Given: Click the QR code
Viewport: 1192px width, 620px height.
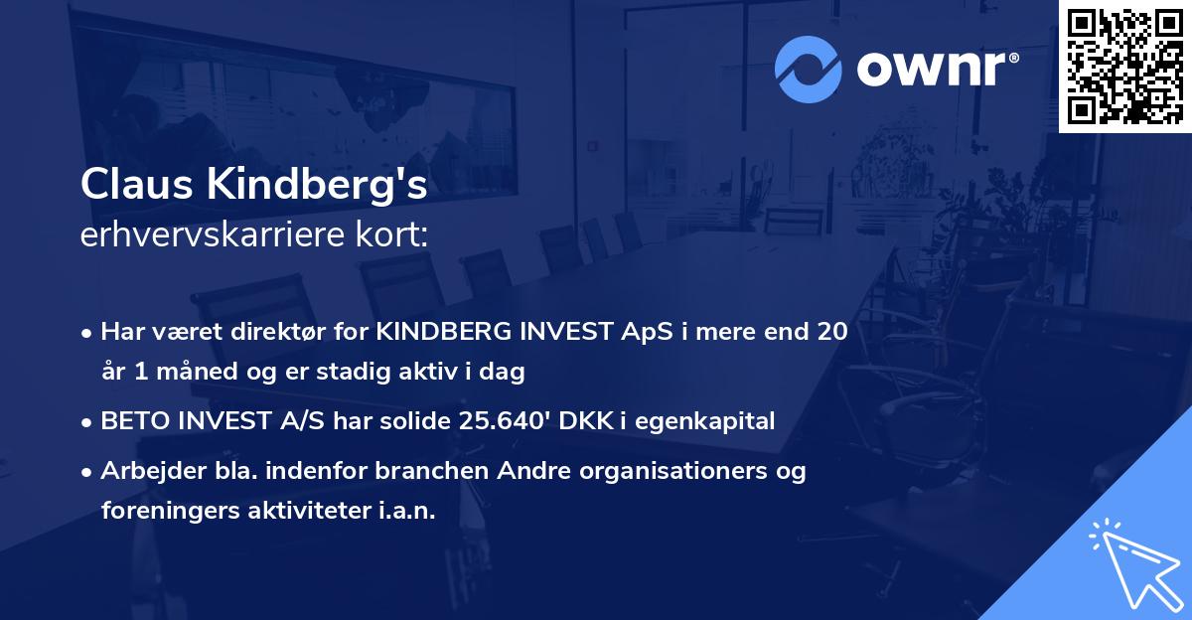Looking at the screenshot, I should [x=1124, y=66].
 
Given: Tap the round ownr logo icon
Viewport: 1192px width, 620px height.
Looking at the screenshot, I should [x=809, y=68].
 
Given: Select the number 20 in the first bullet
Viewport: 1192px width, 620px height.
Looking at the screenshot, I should [x=831, y=332].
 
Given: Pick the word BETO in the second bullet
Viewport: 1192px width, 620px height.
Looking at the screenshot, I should [x=134, y=421].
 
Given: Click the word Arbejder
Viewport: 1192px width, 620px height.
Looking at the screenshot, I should [x=145, y=471].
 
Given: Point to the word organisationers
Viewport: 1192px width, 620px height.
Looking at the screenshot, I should [x=680, y=471].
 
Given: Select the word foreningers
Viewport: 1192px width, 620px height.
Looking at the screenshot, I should [x=162, y=512].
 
